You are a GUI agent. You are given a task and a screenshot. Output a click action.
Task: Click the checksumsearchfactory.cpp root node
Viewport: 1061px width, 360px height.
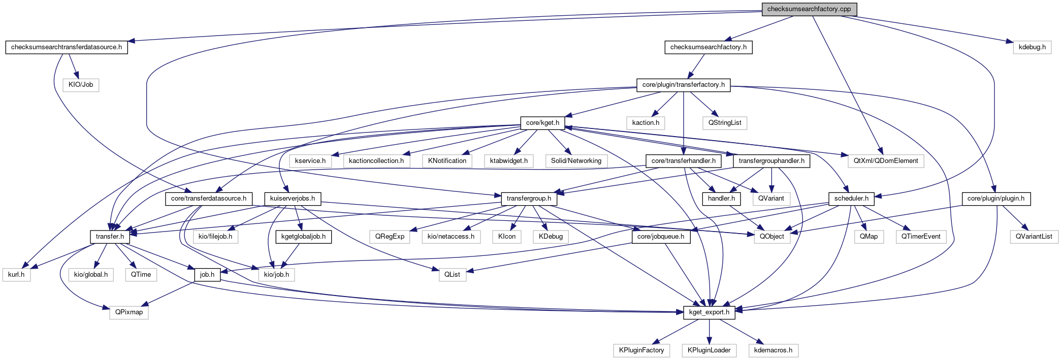(x=809, y=9)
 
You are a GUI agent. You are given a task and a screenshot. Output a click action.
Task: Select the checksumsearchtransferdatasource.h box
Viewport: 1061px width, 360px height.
(x=67, y=47)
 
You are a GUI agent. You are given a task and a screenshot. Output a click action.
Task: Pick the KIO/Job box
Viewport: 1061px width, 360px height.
(x=81, y=85)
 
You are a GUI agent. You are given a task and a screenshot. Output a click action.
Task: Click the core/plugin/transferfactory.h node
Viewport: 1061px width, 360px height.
(x=683, y=85)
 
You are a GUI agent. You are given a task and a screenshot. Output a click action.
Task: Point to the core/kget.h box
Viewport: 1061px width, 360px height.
(x=542, y=123)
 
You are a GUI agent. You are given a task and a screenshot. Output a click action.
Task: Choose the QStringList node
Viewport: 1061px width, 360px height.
(x=724, y=123)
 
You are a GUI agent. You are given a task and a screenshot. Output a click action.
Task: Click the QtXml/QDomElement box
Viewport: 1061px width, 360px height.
(x=885, y=161)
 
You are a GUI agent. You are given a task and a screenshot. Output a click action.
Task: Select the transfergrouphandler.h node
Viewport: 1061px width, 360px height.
(x=771, y=161)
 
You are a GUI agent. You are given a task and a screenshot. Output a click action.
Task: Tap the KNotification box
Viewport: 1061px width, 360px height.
(x=447, y=161)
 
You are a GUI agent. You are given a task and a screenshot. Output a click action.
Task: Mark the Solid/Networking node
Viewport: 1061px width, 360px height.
(x=576, y=161)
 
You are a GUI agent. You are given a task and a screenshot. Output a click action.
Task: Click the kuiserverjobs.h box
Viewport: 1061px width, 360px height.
(x=292, y=199)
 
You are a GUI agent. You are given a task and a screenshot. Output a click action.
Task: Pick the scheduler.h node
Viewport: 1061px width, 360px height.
(x=851, y=199)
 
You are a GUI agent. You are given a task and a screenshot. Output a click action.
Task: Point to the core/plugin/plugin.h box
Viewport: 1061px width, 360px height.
(x=995, y=199)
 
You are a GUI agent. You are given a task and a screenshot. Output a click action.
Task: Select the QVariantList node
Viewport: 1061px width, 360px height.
(x=1034, y=237)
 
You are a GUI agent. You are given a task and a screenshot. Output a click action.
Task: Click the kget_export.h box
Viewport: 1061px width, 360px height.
(x=709, y=312)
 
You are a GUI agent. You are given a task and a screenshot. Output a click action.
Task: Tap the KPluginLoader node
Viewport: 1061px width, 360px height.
(x=709, y=350)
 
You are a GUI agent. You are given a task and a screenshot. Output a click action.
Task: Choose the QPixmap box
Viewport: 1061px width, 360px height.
(x=129, y=312)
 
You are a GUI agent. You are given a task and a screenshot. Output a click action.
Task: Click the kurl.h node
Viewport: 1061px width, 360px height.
(x=16, y=275)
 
